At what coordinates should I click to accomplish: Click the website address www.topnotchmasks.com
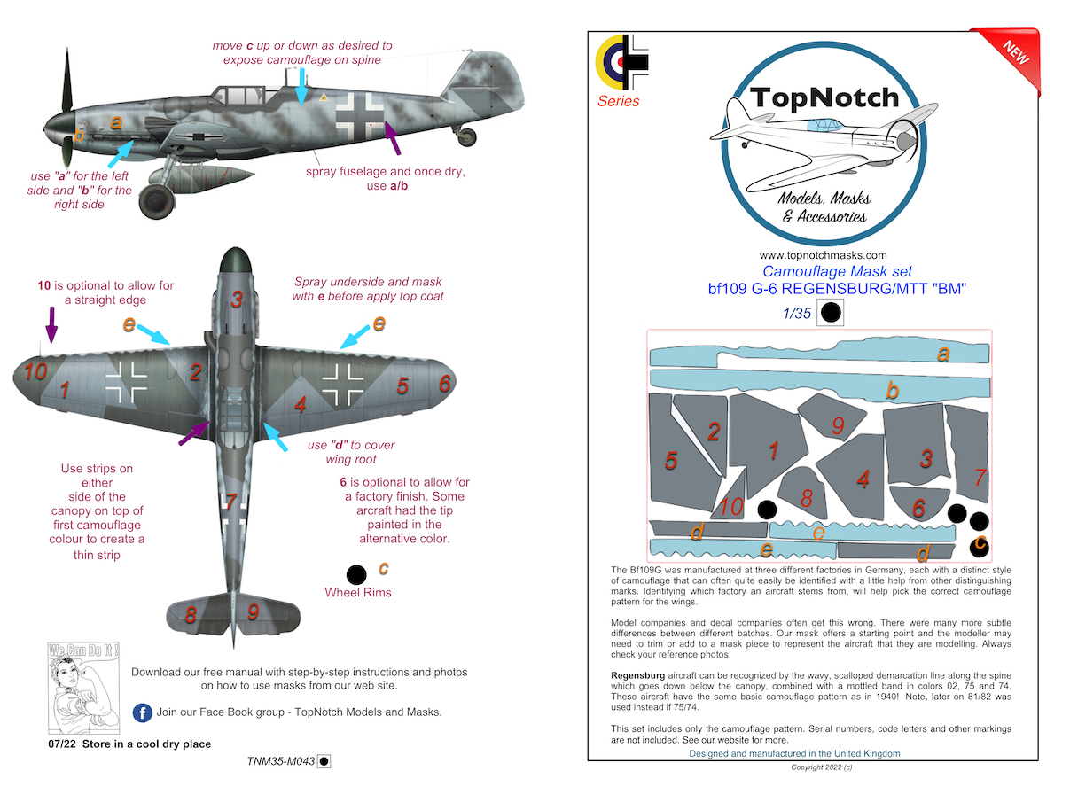coord(824,255)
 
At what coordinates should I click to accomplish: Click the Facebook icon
coord(141,712)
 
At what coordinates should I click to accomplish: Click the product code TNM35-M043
coord(282,760)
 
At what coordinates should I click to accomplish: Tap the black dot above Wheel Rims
coord(356,573)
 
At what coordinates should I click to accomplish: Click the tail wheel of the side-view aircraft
coord(467,137)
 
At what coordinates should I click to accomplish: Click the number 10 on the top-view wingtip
coord(35,372)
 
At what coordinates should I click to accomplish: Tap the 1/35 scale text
coord(797,312)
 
